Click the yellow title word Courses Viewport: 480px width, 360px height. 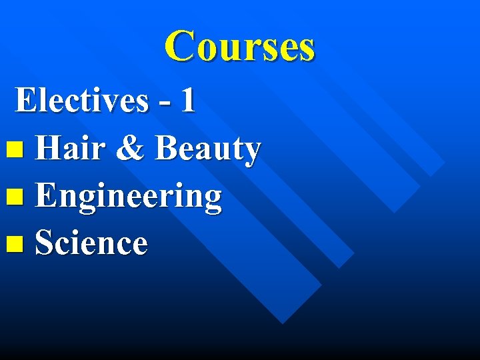(x=240, y=47)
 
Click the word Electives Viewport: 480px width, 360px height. (x=81, y=101)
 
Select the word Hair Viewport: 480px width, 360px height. (x=69, y=148)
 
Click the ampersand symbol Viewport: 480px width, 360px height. (x=129, y=149)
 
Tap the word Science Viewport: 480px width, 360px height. (x=91, y=243)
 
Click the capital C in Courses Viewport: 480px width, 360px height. (x=180, y=47)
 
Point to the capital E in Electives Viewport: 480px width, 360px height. (x=26, y=101)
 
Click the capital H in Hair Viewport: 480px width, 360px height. (x=49, y=148)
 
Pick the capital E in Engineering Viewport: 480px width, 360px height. (x=46, y=196)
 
